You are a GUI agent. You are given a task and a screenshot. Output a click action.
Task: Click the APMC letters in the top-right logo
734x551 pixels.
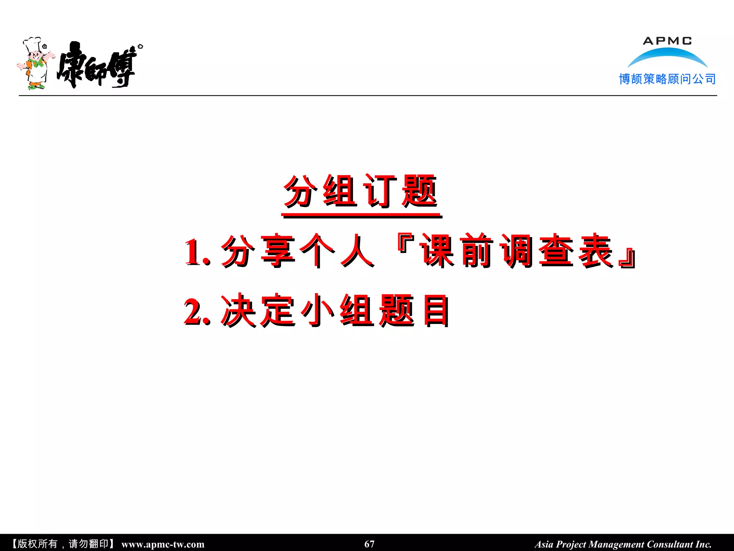[x=667, y=41]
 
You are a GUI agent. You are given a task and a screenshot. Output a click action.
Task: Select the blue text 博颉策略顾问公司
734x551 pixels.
[x=667, y=79]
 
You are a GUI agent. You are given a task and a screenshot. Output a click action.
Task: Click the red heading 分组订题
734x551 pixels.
[x=361, y=191]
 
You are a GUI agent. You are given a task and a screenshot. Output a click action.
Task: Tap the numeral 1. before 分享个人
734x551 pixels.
[x=196, y=252]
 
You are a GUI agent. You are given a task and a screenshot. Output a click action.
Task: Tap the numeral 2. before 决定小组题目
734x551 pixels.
[x=196, y=311]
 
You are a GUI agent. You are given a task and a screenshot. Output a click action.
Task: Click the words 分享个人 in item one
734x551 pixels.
[x=297, y=251]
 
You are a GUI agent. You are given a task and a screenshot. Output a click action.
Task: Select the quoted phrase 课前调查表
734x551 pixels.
[x=516, y=251]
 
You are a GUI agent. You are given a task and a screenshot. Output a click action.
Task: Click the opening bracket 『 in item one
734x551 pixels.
[x=405, y=244]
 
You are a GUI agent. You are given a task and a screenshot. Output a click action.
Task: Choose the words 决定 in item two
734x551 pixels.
[x=258, y=310]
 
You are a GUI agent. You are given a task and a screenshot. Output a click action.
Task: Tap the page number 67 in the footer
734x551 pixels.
[x=369, y=544]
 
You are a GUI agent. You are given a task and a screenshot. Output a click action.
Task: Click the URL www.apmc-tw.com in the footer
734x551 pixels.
[x=163, y=544]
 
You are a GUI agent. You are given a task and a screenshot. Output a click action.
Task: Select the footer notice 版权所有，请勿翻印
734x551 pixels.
[x=63, y=544]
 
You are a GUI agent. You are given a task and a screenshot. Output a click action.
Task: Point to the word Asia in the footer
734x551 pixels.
[x=544, y=544]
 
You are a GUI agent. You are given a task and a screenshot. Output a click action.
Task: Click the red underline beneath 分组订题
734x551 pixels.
[x=361, y=216]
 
